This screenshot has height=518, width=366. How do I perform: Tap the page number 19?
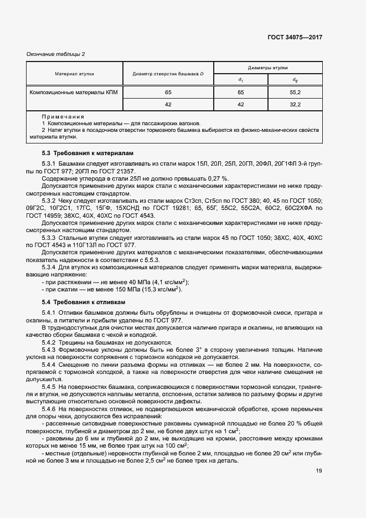tap(318, 471)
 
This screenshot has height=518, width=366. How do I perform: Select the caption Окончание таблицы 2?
tap(56, 54)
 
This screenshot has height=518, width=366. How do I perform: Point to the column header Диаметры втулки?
tap(267, 67)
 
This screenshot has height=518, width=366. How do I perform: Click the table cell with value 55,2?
tap(295, 92)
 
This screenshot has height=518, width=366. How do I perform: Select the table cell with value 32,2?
tap(295, 104)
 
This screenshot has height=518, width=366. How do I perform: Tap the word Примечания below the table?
tap(63, 117)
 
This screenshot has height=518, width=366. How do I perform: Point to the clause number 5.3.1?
tap(50, 165)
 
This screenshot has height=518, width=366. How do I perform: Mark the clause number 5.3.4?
tap(50, 267)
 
